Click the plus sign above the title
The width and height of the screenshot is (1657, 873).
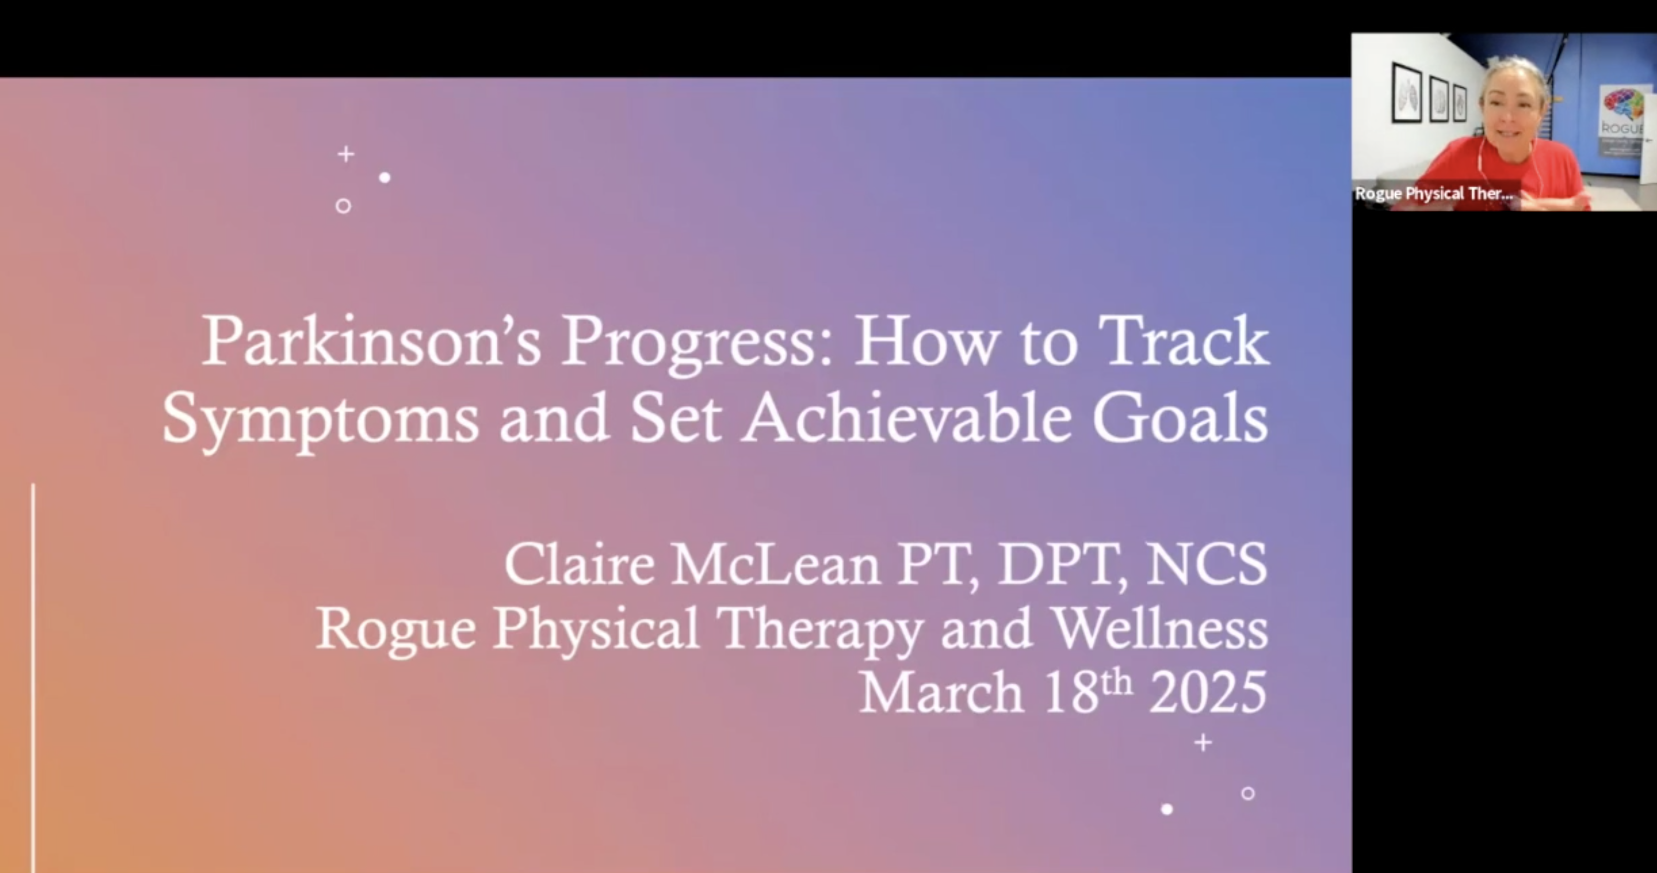click(x=346, y=154)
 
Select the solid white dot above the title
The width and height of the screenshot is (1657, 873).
click(x=385, y=177)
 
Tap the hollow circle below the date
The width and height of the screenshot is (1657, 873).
click(x=1248, y=793)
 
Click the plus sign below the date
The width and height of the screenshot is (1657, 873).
click(x=1203, y=743)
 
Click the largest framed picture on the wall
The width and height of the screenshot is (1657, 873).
click(x=1407, y=93)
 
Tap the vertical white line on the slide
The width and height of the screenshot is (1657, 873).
click(x=33, y=676)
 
